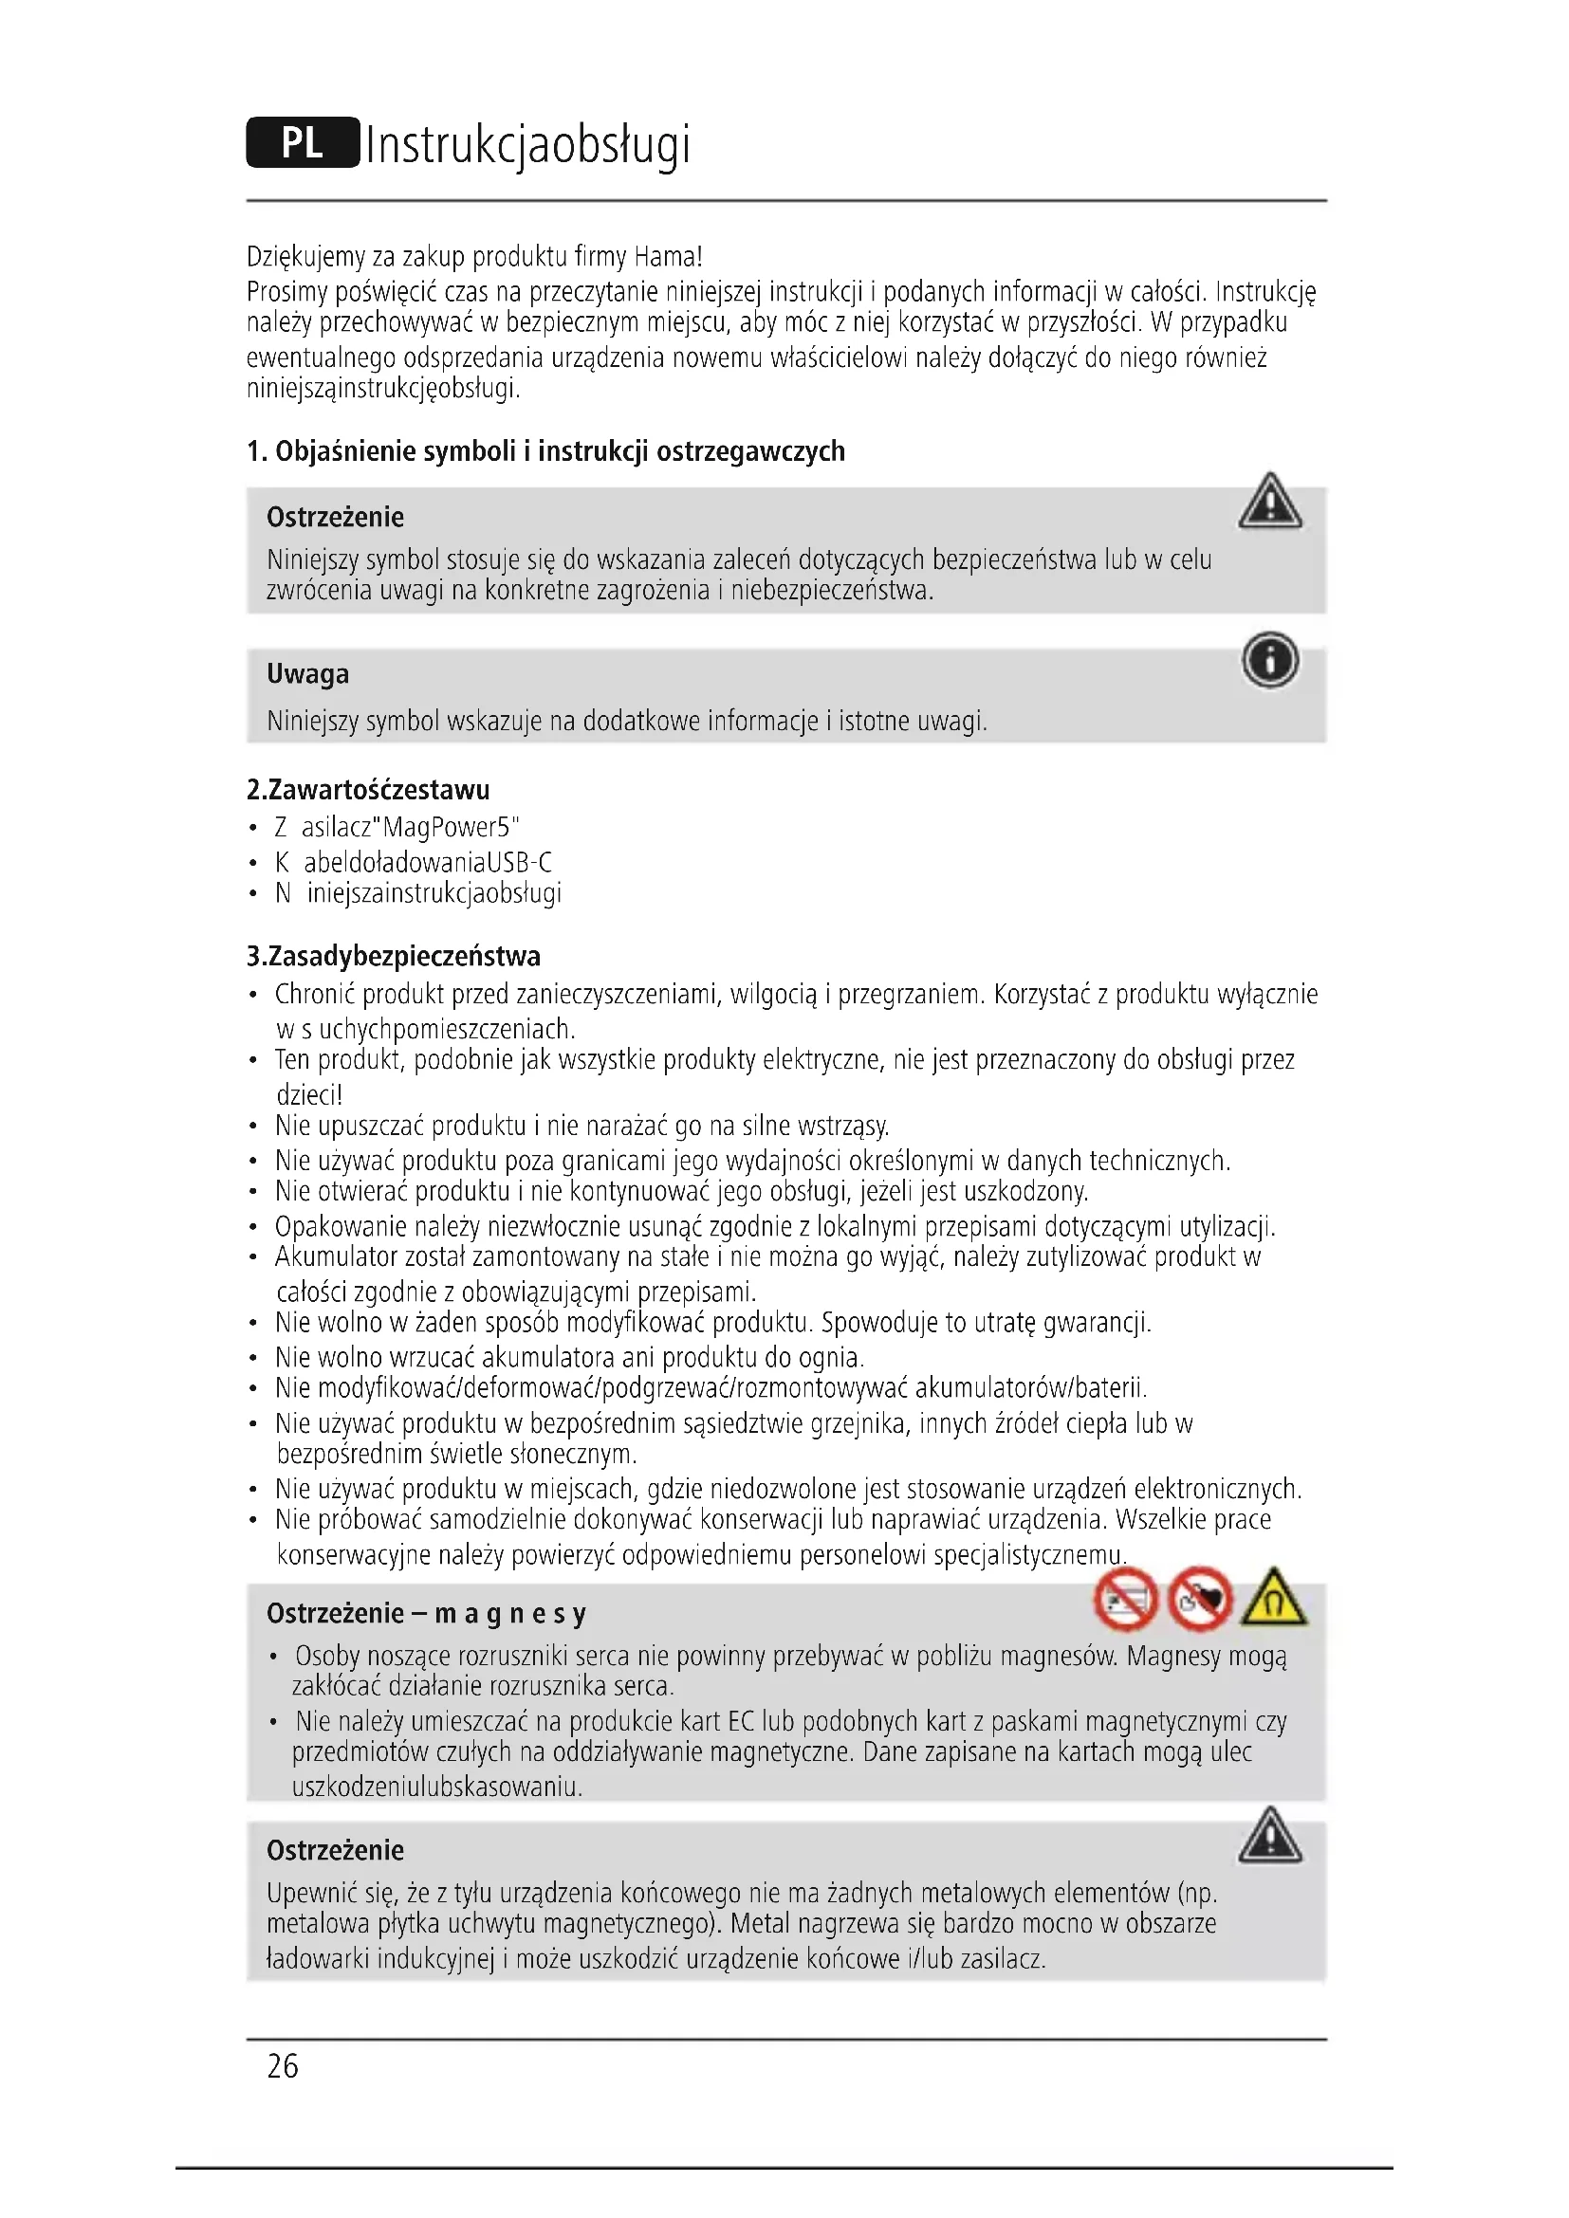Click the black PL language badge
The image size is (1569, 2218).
(x=303, y=143)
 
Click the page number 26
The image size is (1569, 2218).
(x=282, y=2065)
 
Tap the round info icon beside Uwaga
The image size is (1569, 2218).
(x=1269, y=661)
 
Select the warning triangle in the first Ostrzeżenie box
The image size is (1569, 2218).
(x=1269, y=503)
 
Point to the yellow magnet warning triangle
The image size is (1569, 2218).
(x=1273, y=1599)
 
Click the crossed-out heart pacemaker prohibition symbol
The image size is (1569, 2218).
(x=1200, y=1599)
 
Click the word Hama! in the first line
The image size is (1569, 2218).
(x=668, y=257)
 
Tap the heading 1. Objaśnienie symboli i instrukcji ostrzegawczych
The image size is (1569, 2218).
(x=545, y=451)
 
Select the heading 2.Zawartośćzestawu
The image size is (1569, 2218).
(x=368, y=789)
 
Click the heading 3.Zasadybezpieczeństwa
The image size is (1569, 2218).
(x=394, y=957)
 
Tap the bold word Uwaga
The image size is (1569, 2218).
(x=307, y=673)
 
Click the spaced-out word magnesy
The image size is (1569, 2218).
(x=510, y=1613)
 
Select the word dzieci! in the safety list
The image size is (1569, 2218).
(x=309, y=1094)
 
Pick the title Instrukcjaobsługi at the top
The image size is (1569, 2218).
(x=527, y=145)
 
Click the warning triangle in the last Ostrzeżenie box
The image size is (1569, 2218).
(x=1269, y=1836)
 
